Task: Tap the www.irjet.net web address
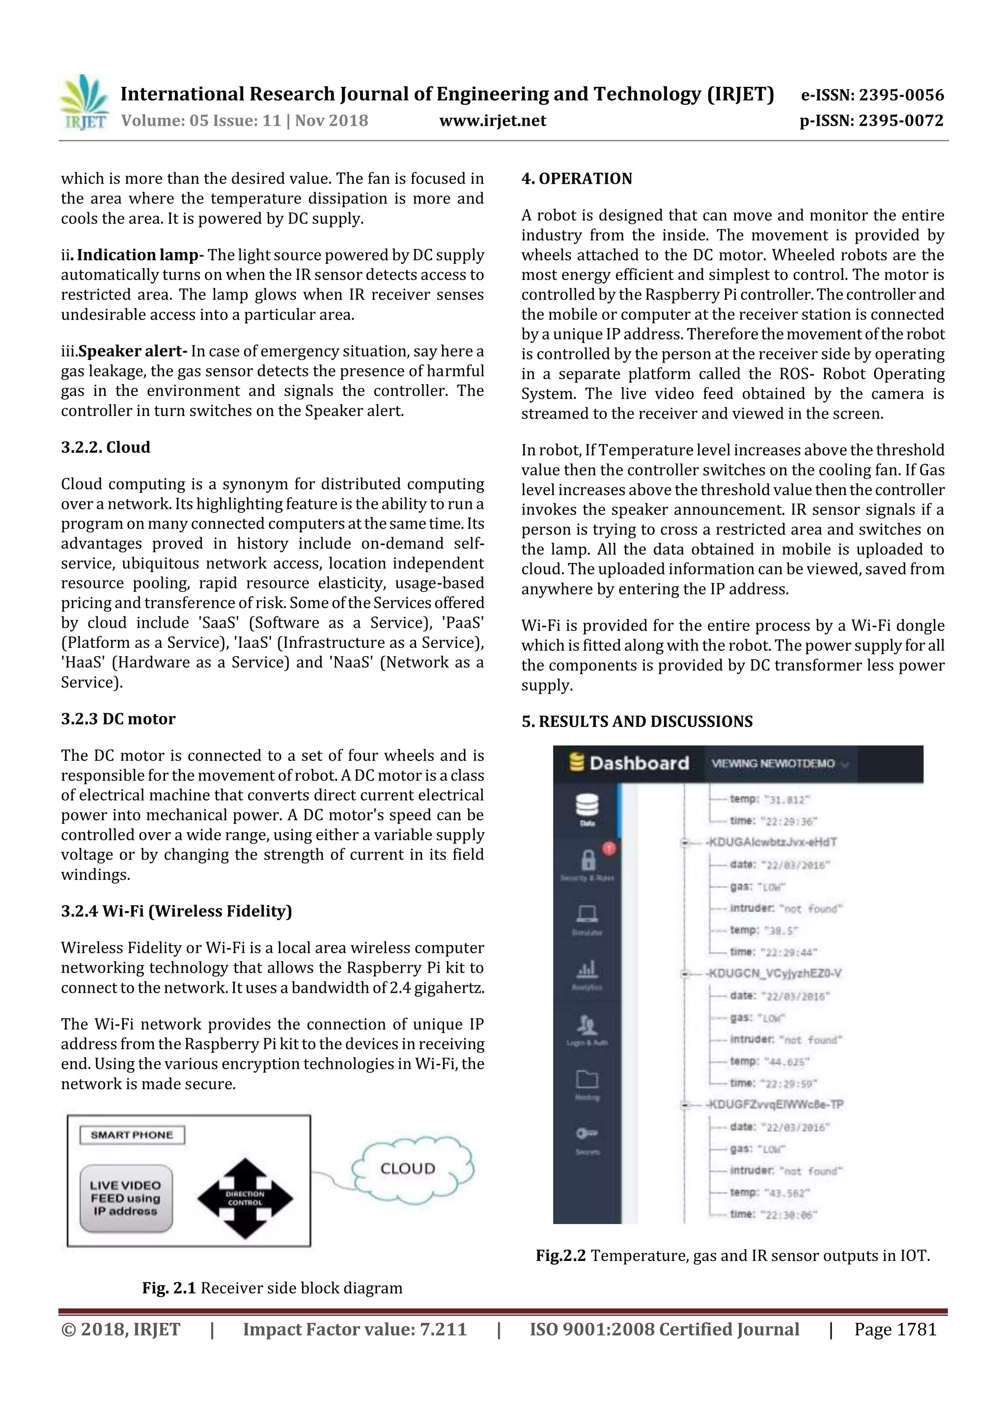click(x=492, y=120)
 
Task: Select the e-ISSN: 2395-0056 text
click(x=872, y=95)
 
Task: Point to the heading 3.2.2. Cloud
click(x=106, y=447)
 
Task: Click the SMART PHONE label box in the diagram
click(x=132, y=1135)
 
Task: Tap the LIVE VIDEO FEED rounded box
click(x=126, y=1198)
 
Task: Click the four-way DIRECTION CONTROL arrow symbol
click(x=245, y=1198)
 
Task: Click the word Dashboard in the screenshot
click(x=639, y=763)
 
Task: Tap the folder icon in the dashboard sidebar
click(x=587, y=1079)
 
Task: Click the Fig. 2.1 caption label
click(x=168, y=1288)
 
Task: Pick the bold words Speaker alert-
click(x=133, y=351)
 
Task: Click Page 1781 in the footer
click(x=894, y=1329)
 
